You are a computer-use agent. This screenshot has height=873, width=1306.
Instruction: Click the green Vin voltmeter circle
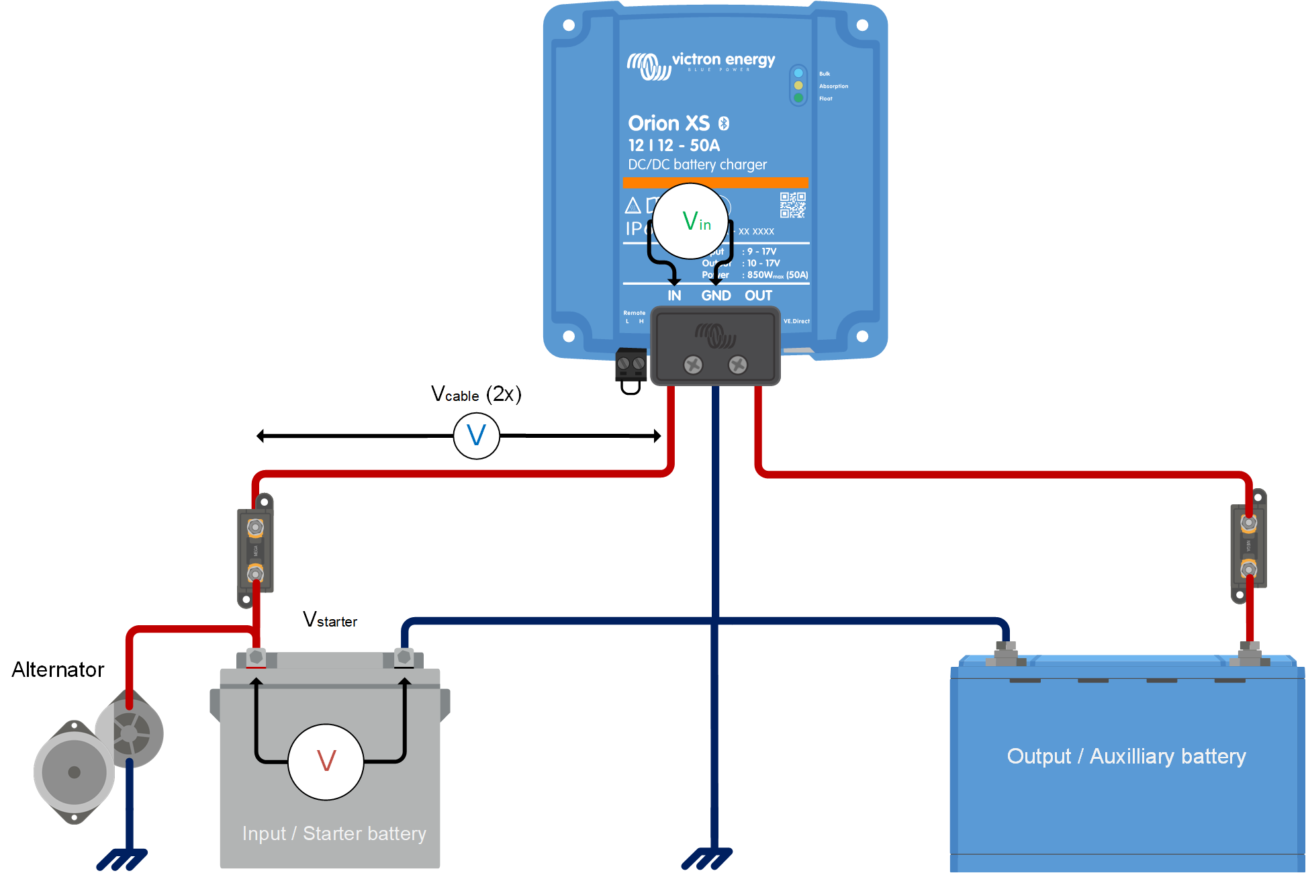pyautogui.click(x=691, y=221)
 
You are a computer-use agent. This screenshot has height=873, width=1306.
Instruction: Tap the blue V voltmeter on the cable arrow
pyautogui.click(x=476, y=436)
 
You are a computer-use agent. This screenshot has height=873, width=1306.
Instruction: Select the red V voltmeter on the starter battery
pyautogui.click(x=326, y=762)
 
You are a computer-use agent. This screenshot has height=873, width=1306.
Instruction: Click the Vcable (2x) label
pyautogui.click(x=476, y=394)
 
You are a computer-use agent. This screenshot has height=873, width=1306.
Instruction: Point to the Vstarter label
pyautogui.click(x=330, y=619)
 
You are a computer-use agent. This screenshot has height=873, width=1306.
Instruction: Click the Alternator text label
pyautogui.click(x=58, y=670)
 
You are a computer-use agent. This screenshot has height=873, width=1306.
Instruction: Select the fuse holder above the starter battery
pyautogui.click(x=255, y=550)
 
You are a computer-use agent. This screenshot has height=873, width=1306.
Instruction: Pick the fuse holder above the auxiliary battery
pyautogui.click(x=1248, y=546)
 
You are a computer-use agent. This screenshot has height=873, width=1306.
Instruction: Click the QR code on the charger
pyautogui.click(x=792, y=205)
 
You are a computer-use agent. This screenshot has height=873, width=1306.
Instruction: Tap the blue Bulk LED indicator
pyautogui.click(x=798, y=73)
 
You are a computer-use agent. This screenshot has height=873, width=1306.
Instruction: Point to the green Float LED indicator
pyautogui.click(x=798, y=98)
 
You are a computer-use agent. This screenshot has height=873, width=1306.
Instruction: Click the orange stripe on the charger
pyautogui.click(x=715, y=182)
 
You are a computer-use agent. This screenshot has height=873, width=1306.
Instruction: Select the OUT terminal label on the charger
pyautogui.click(x=758, y=295)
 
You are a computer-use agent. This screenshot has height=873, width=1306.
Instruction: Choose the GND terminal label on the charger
pyautogui.click(x=716, y=295)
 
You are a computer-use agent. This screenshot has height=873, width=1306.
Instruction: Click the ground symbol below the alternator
pyautogui.click(x=122, y=859)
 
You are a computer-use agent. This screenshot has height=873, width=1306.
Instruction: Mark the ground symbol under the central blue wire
pyautogui.click(x=707, y=859)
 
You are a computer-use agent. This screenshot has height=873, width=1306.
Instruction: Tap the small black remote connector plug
pyautogui.click(x=631, y=365)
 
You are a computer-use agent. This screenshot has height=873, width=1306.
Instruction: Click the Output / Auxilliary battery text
pyautogui.click(x=1126, y=756)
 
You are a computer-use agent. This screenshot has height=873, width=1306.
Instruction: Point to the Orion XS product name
pyautogui.click(x=669, y=124)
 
